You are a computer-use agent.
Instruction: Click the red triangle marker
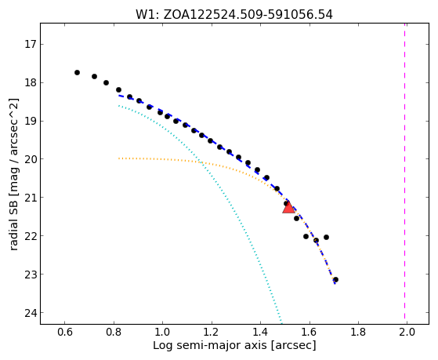[288, 208]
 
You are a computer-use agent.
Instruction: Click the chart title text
[234, 15]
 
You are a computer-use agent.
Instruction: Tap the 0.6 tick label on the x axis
[64, 332]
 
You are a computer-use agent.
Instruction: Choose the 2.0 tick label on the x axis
[407, 332]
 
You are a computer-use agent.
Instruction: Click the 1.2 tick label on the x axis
[212, 332]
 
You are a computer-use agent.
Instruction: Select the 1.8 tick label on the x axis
[358, 332]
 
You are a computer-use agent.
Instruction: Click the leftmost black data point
[77, 72]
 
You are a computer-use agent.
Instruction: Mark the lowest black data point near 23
[336, 279]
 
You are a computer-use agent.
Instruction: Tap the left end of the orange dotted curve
[119, 158]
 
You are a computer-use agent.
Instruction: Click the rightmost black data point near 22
[326, 237]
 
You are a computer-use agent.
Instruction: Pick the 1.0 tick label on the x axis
[162, 332]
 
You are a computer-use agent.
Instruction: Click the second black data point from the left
[94, 76]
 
